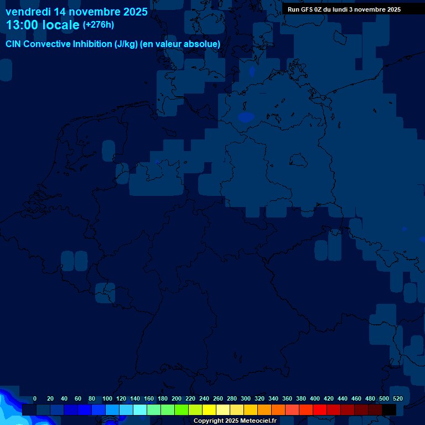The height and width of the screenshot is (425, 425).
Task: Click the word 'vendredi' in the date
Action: tap(28, 12)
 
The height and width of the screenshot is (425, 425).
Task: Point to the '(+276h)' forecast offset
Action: tap(99, 25)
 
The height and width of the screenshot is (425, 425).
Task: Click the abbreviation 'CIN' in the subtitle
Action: tap(14, 44)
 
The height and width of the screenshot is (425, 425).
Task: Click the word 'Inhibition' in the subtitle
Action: tap(92, 44)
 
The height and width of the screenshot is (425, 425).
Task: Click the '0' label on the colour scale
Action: tap(35, 398)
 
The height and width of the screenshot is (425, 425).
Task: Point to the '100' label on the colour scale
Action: tap(107, 398)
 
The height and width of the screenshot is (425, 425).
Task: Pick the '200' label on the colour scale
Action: tap(176, 398)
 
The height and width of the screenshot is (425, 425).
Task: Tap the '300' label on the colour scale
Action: tap(245, 398)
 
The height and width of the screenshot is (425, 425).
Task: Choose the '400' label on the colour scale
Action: tap(314, 398)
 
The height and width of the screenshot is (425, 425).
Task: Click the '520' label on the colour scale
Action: tap(397, 398)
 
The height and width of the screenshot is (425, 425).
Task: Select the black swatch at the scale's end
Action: tap(389, 410)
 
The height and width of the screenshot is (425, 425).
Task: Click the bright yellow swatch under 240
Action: tap(209, 410)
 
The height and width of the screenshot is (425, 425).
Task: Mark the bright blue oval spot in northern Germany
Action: tap(246, 117)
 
